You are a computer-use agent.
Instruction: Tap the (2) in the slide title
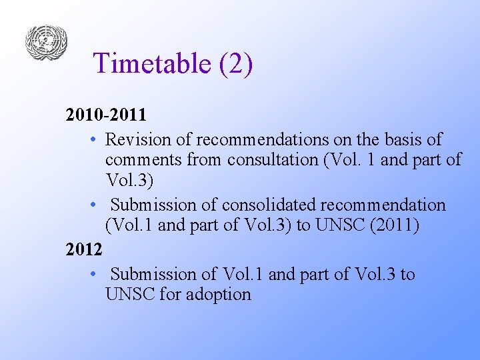coord(234,63)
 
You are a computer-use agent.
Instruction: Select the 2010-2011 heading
coord(106,115)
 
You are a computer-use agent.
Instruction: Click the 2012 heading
coord(84,249)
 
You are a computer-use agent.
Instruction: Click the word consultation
coord(272,160)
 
